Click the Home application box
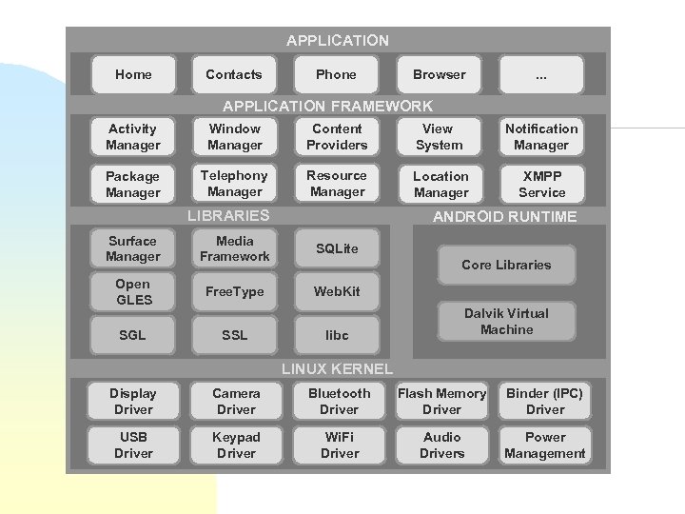pos(133,74)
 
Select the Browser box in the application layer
pos(439,74)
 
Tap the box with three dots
pos(540,74)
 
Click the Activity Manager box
pos(133,137)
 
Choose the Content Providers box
pos(337,137)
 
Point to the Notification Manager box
pos(540,137)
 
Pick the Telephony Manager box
pos(235,184)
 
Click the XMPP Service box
pos(540,184)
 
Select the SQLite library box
pos(337,248)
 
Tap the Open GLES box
pos(133,291)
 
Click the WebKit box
pos(337,291)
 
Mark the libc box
pos(337,335)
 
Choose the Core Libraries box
pos(506,265)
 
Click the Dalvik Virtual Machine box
pos(506,322)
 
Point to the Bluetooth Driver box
pos(339,402)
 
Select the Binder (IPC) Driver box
pos(544,402)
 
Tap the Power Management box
pos(544,445)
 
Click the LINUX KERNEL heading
pos(337,368)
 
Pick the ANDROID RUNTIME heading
pos(504,217)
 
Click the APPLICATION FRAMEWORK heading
pos(327,107)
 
